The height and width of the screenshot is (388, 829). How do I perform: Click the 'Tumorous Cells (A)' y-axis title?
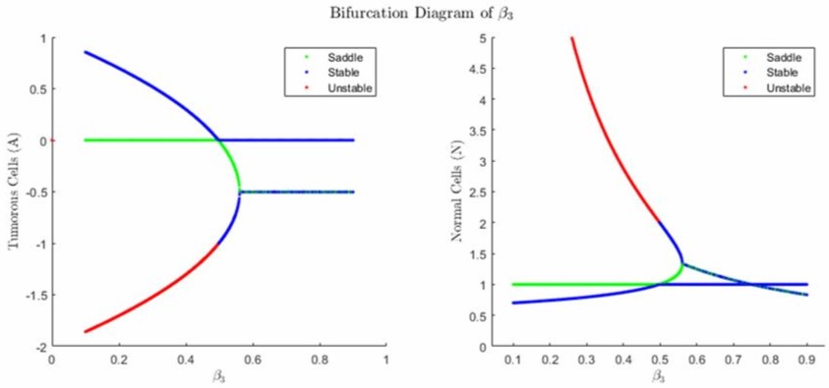15,192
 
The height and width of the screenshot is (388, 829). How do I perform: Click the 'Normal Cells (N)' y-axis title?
455,192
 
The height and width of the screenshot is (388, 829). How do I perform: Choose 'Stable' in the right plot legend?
780,74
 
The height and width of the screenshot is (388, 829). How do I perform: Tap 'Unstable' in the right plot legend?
785,89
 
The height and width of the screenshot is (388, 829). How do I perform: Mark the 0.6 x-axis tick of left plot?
253,360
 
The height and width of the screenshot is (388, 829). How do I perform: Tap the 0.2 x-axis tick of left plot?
119,360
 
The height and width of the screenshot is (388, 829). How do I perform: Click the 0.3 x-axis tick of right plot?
586,360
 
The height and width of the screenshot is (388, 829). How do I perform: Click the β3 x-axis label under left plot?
219,377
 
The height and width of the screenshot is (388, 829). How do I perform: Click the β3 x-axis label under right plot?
660,377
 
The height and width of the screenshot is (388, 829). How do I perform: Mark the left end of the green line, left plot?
86,140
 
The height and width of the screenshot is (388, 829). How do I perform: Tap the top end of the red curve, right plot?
571,38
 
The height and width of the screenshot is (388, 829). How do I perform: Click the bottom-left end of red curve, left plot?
86,331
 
